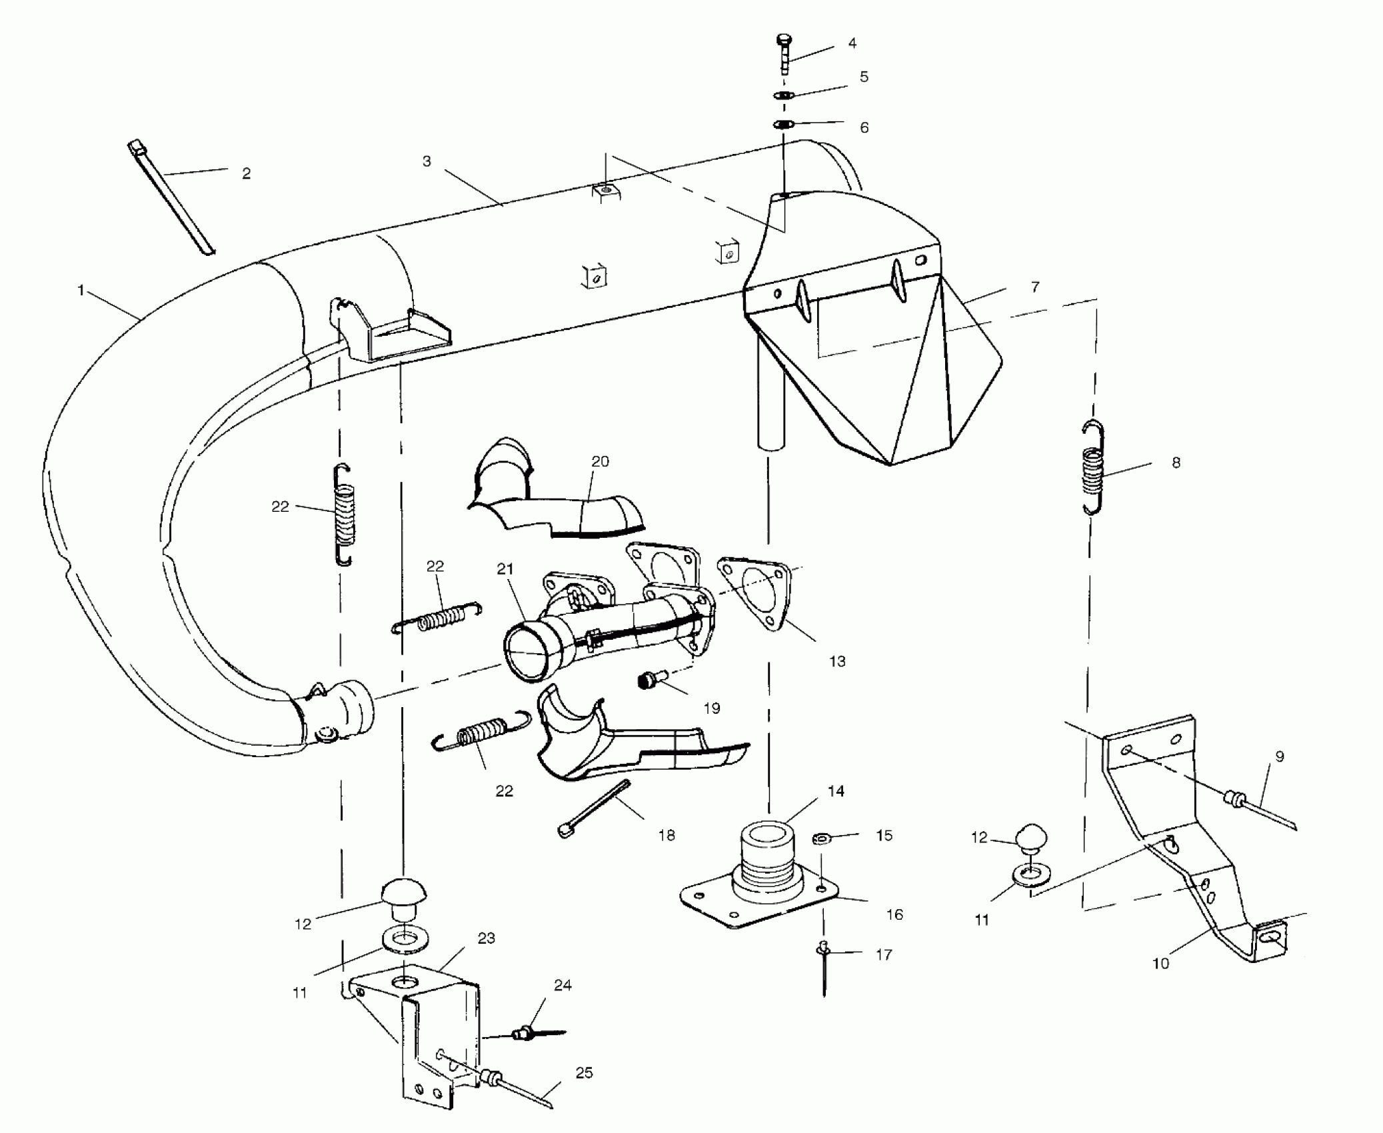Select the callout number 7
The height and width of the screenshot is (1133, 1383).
pyautogui.click(x=1034, y=287)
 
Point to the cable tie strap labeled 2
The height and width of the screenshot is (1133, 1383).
pyautogui.click(x=171, y=197)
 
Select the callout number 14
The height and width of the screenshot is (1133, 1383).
pyautogui.click(x=836, y=791)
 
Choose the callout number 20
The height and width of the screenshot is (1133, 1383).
pyautogui.click(x=600, y=461)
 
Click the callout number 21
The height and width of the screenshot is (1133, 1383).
pyautogui.click(x=505, y=568)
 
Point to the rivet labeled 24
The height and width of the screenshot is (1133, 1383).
pyautogui.click(x=527, y=1034)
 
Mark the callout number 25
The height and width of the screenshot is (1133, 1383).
pyautogui.click(x=584, y=1073)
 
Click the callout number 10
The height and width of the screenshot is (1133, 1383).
pyautogui.click(x=1160, y=964)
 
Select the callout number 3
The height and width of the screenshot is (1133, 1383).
pyautogui.click(x=427, y=161)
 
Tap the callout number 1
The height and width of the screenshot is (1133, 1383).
pyautogui.click(x=81, y=291)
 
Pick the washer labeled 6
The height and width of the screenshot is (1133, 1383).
pyautogui.click(x=784, y=125)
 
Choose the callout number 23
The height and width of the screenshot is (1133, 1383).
pyautogui.click(x=487, y=938)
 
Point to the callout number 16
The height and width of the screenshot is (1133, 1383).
pyautogui.click(x=894, y=915)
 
